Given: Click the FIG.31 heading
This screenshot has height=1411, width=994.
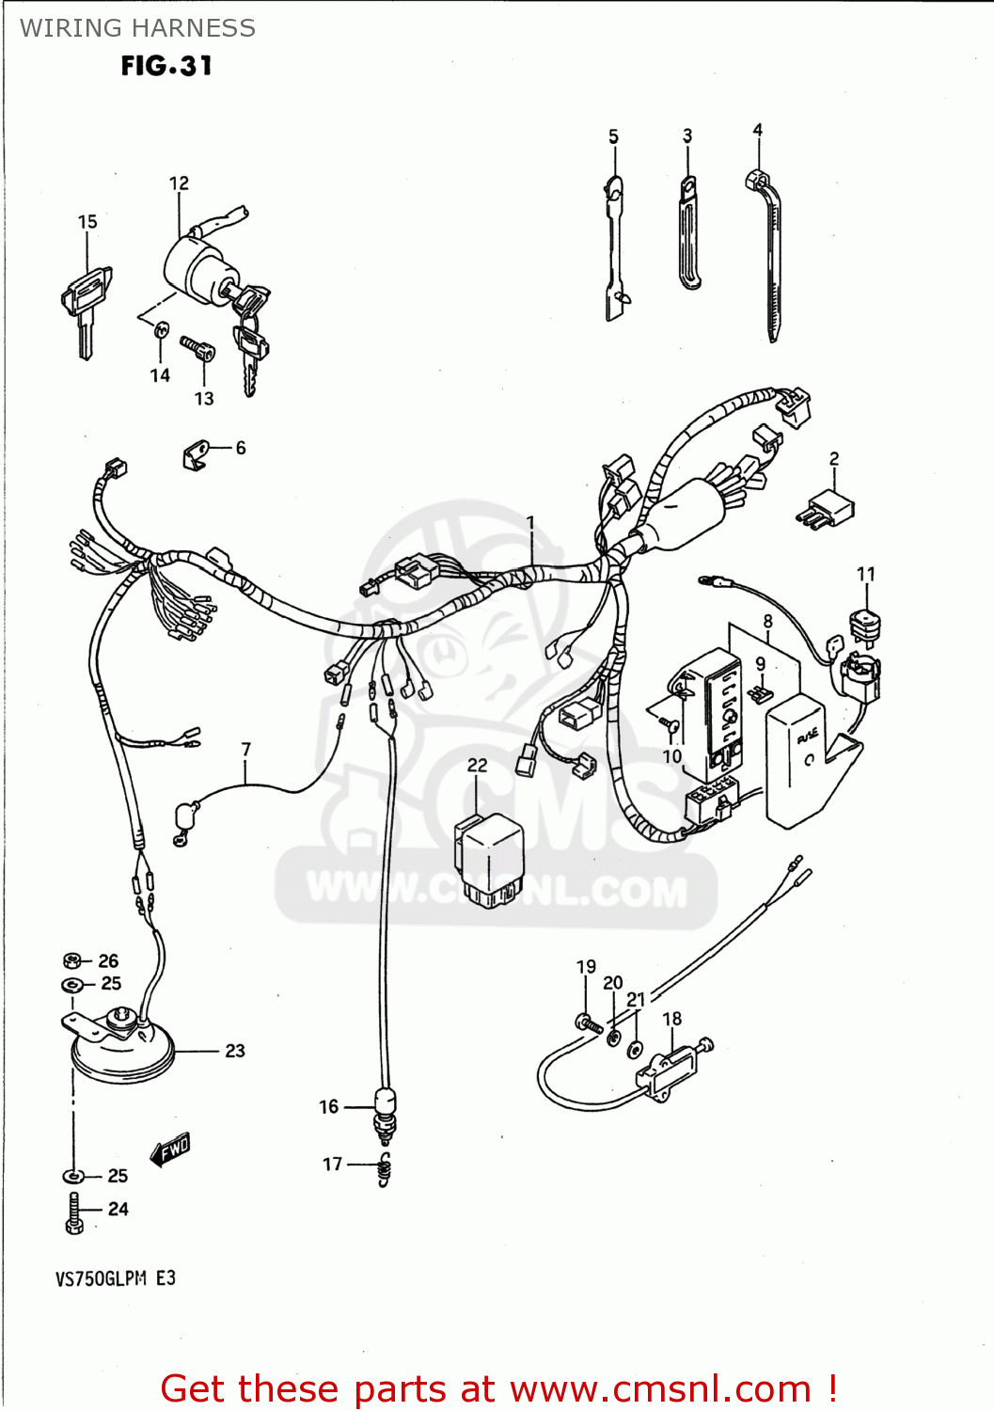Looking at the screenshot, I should (x=166, y=66).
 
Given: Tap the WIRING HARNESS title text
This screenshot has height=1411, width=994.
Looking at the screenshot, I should (x=137, y=28).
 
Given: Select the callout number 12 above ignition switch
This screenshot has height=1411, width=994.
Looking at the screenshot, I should (x=179, y=183).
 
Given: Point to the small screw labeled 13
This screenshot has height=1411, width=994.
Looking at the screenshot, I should (x=199, y=350).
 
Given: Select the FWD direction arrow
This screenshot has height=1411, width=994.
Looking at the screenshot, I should (x=171, y=1149).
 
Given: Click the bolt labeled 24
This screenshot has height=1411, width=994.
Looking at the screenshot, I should (x=74, y=1212).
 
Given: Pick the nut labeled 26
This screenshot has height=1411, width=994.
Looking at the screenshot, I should (x=72, y=960).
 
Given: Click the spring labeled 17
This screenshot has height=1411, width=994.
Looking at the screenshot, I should (x=384, y=1169).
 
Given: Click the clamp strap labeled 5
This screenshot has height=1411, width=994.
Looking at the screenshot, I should (x=615, y=249).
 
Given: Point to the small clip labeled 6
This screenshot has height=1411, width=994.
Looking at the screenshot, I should (x=195, y=455).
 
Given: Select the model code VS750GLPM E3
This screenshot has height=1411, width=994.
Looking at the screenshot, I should (x=116, y=1278).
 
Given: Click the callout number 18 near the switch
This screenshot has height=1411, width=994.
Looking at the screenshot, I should (x=671, y=1019).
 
